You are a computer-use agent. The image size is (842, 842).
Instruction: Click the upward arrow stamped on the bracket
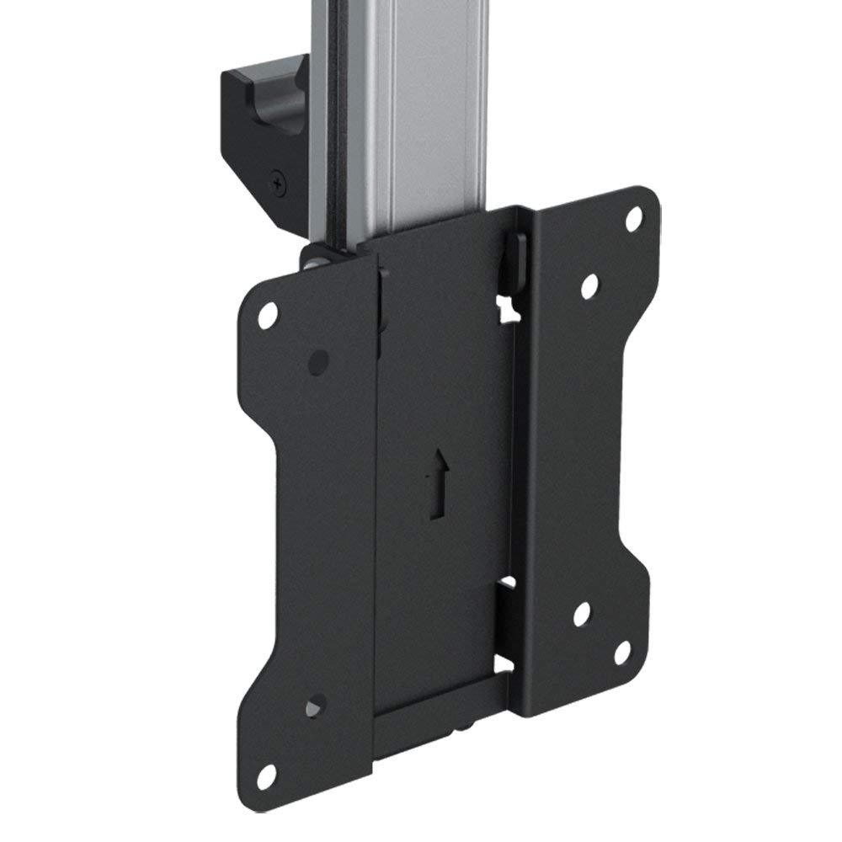[x=437, y=483]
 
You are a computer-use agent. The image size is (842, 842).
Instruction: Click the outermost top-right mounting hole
[x=633, y=219]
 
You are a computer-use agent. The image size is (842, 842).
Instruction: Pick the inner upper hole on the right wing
[x=590, y=285]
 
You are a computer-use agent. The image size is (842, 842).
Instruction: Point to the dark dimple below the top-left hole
[x=318, y=362]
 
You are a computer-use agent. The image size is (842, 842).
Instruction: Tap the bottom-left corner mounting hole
[x=268, y=774]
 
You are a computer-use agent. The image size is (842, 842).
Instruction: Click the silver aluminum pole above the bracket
[x=421, y=109]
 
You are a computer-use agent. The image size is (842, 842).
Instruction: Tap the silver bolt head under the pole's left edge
[x=313, y=262]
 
